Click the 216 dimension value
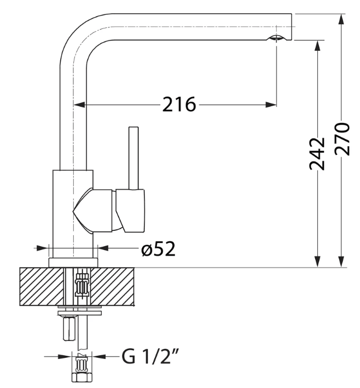pyautogui.click(x=178, y=103)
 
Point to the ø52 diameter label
pyautogui.click(x=158, y=249)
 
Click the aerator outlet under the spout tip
pyautogui.click(x=277, y=38)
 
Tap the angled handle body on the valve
pyautogui.click(x=131, y=210)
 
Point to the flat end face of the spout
pyautogui.click(x=292, y=27)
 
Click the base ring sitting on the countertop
pyautogui.click(x=73, y=262)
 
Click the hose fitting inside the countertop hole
pyautogui.click(x=82, y=286)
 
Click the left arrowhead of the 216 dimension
pyautogui.click(x=79, y=103)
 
